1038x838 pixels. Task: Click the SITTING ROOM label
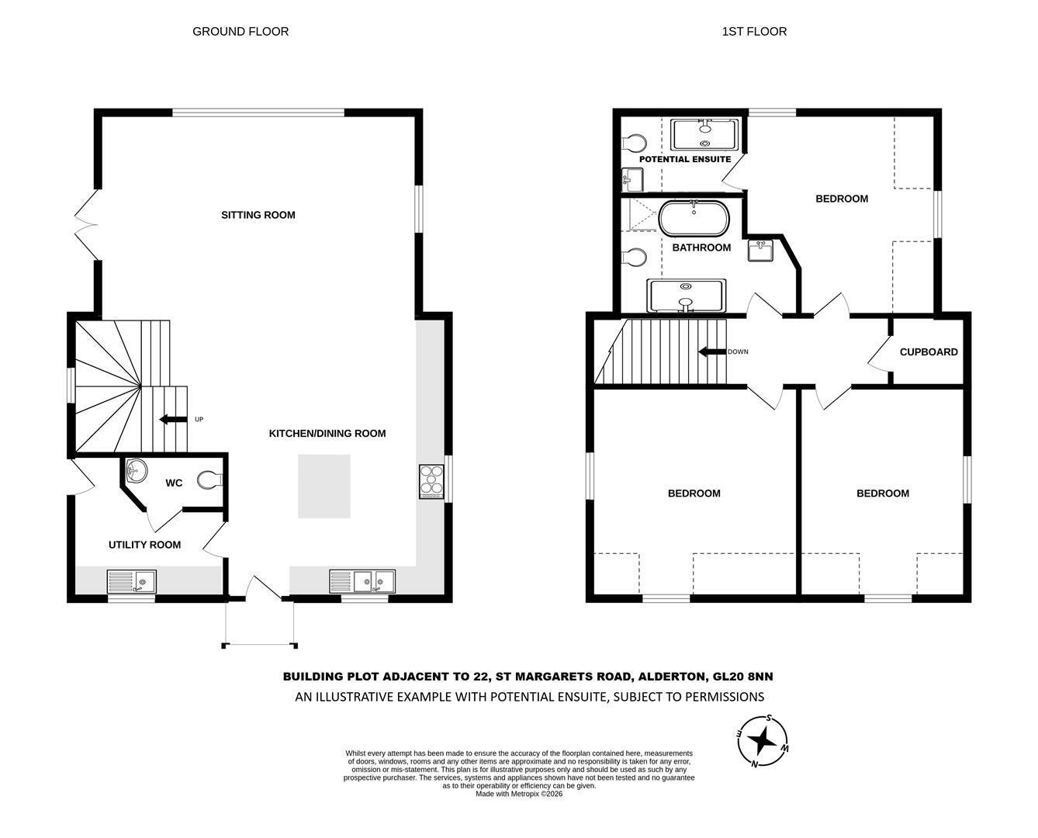[x=258, y=215]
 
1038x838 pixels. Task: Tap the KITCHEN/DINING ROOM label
[x=327, y=434]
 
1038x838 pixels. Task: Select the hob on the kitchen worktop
[x=431, y=482]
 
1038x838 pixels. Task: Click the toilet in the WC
[x=210, y=480]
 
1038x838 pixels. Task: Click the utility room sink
[x=132, y=582]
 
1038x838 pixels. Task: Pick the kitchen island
[x=324, y=486]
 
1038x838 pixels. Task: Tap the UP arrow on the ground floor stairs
[x=174, y=419]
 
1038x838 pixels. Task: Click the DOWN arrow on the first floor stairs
[x=712, y=351]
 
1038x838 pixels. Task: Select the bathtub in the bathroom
[x=694, y=218]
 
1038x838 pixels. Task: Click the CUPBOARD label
[x=929, y=352]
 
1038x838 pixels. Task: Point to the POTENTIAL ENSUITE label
[x=685, y=159]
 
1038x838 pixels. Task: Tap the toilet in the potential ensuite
[x=635, y=144]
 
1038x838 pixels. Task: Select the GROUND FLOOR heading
[x=240, y=32]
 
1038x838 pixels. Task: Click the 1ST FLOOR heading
[x=754, y=32]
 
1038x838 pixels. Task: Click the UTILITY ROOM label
[x=145, y=545]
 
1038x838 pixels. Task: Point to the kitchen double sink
[x=362, y=582]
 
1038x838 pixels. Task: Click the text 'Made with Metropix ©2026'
[x=519, y=794]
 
